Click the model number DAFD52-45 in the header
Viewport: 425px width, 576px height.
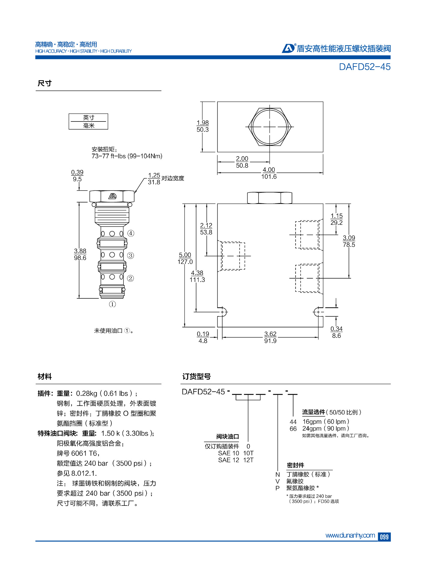coord(364,67)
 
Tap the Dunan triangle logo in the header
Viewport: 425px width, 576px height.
coord(288,48)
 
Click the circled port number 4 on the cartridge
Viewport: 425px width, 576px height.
coord(131,233)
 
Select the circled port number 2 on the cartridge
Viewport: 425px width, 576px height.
coord(130,278)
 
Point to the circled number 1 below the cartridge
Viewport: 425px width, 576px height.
coord(112,304)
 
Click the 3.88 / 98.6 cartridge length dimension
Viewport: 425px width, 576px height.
coord(80,254)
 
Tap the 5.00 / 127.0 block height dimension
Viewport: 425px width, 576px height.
coord(185,258)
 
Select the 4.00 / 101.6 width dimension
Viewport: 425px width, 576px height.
coord(269,173)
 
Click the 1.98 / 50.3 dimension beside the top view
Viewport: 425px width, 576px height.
coord(203,126)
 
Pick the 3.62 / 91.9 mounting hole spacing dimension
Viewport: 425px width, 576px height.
coord(270,337)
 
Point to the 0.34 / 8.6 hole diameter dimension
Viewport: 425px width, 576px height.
coord(336,332)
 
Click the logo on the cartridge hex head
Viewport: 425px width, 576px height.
coord(112,196)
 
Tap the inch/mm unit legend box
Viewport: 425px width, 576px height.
coord(88,121)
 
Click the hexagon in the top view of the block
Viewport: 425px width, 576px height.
coord(270,127)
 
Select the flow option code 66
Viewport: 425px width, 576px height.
coord(293,429)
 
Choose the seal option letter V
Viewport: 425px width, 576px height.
coord(277,481)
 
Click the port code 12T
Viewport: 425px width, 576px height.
coord(248,460)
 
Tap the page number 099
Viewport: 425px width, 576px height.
coord(384,537)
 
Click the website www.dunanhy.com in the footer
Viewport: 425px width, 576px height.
coord(350,535)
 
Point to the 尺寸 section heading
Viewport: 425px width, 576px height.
coord(44,83)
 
